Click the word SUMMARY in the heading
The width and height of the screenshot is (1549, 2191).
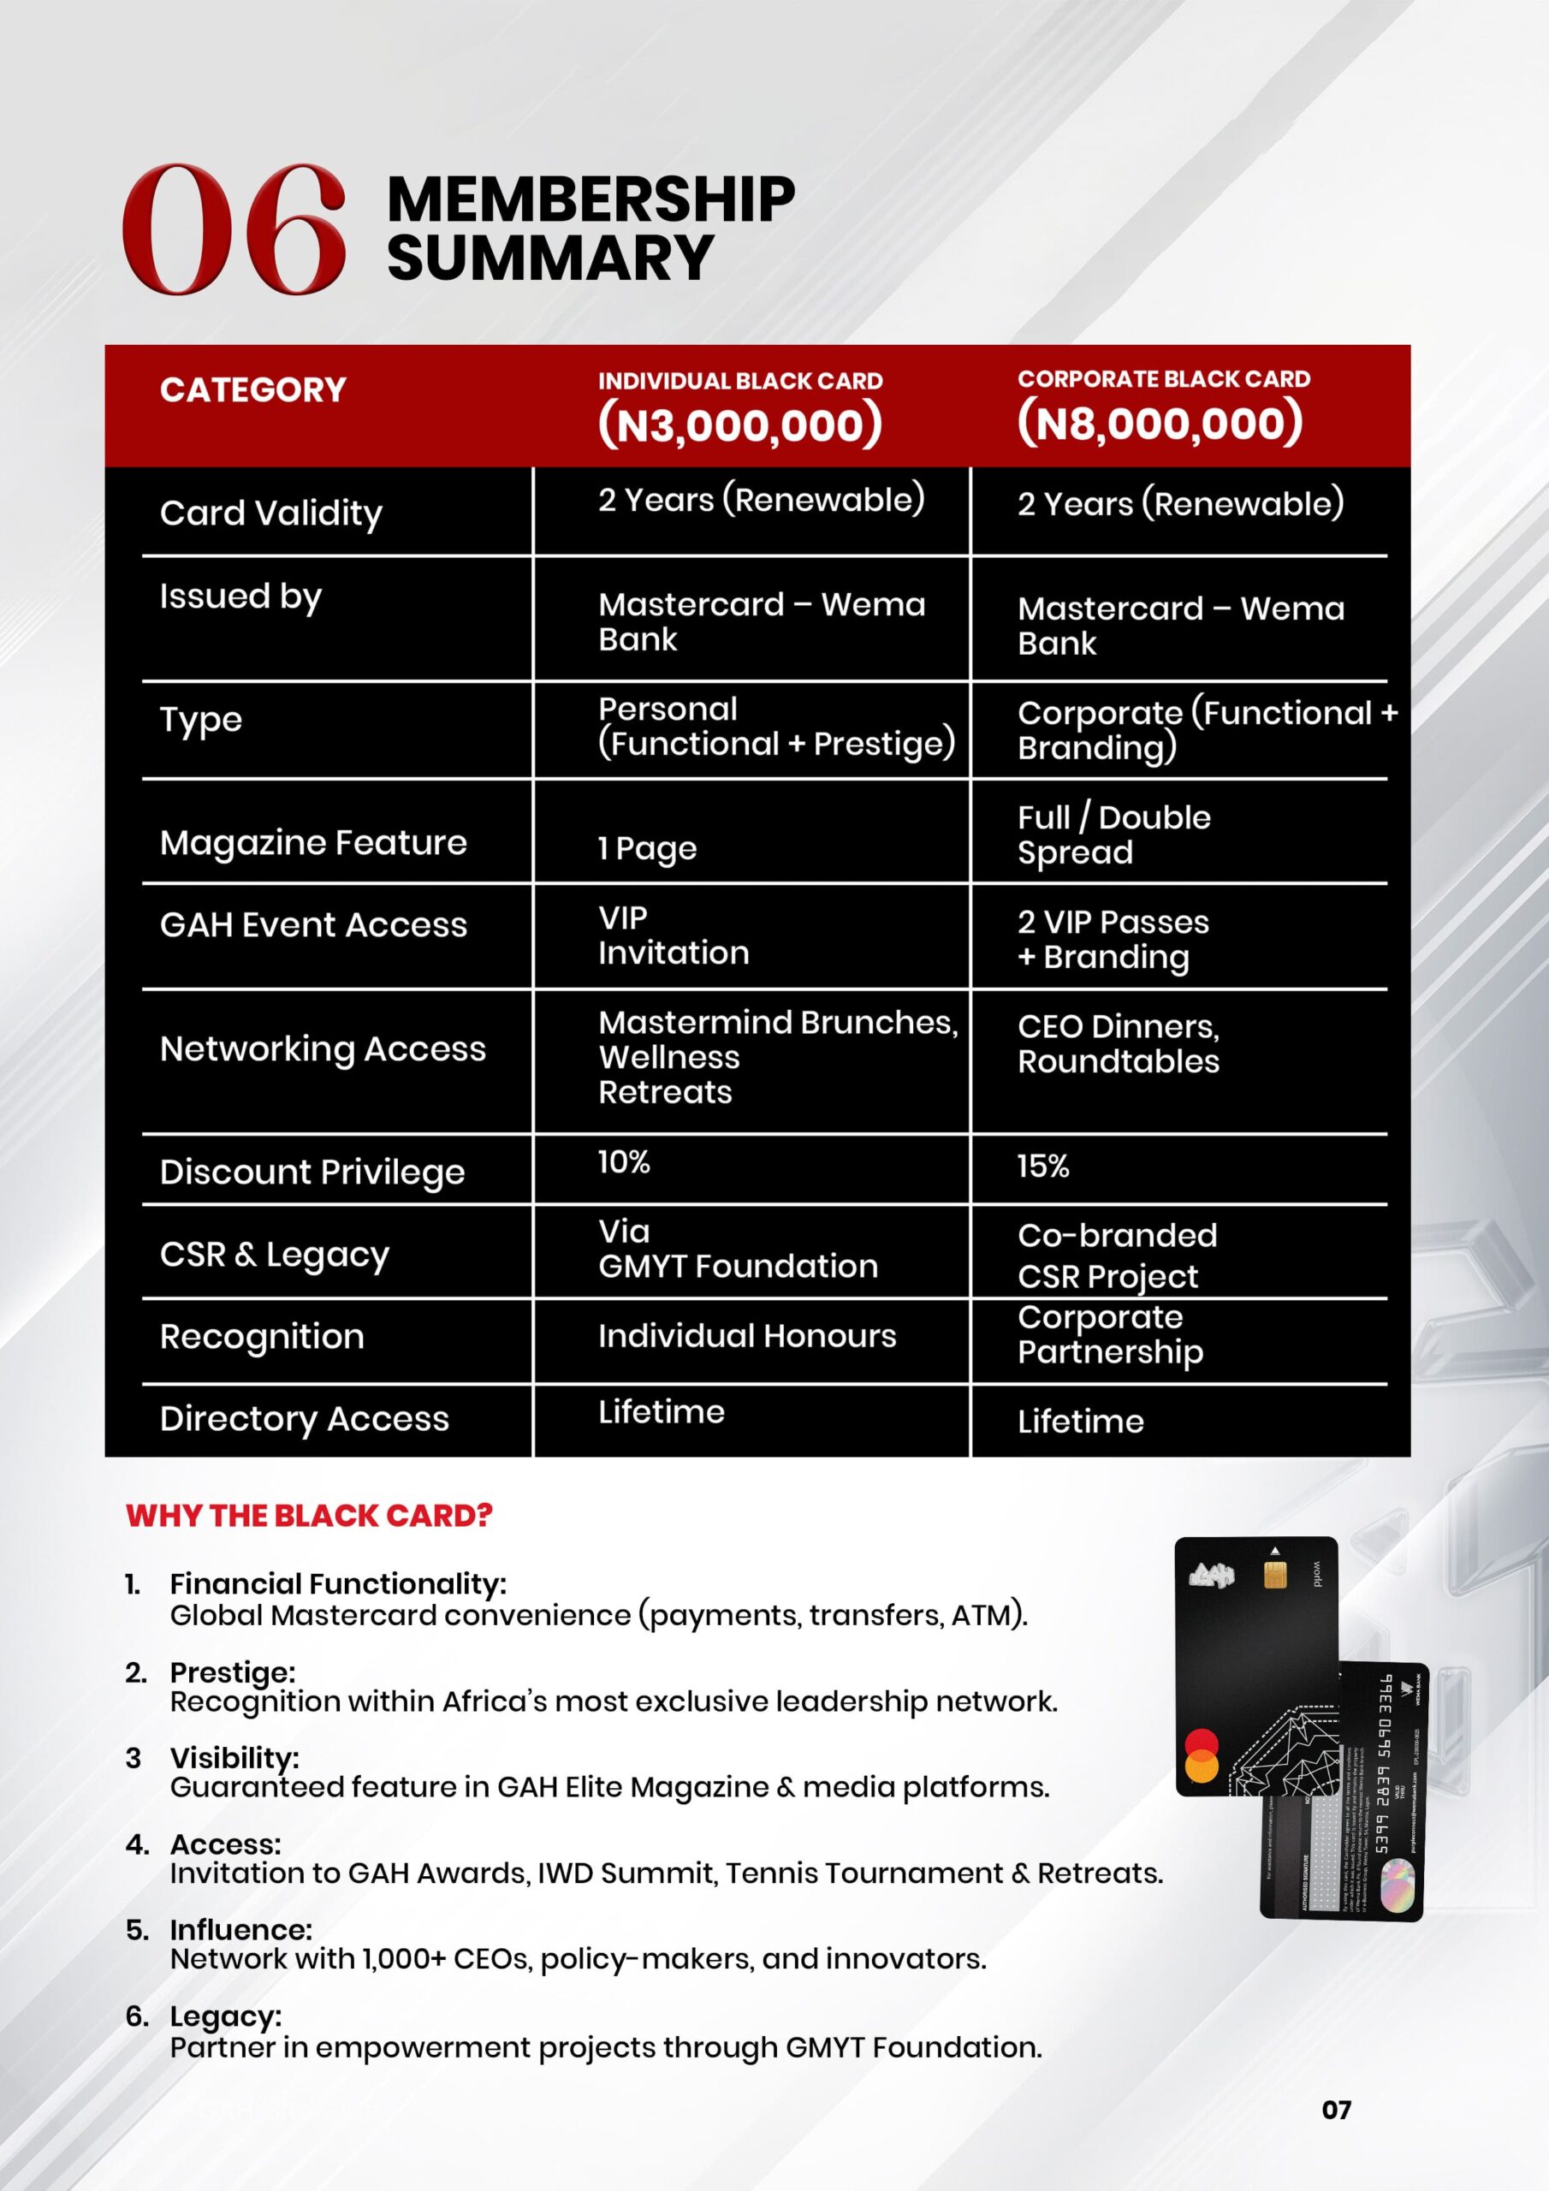[549, 258]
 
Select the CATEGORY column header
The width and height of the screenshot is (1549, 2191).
[253, 389]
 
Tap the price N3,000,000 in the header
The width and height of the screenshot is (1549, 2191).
[739, 425]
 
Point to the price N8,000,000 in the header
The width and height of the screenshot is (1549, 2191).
[1160, 423]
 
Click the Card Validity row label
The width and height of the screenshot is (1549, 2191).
[271, 514]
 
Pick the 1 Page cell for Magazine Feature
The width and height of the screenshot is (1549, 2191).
[647, 848]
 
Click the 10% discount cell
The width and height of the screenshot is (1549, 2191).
[623, 1162]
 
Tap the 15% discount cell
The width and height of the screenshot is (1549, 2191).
[1042, 1167]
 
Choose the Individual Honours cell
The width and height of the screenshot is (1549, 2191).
[746, 1336]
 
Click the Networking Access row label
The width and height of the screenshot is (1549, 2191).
[323, 1048]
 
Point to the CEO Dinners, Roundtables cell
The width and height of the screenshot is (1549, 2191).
[1118, 1043]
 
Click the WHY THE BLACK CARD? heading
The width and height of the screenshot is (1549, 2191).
[308, 1516]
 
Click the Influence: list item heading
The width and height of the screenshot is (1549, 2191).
[240, 1929]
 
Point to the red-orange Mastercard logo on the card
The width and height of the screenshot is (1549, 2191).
[1201, 1756]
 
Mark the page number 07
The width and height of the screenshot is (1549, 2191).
[1336, 2109]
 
